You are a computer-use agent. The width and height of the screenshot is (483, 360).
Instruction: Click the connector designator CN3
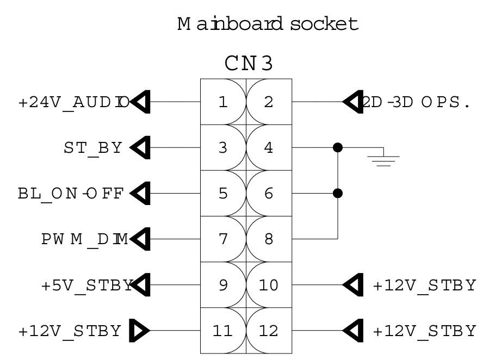pos(249,63)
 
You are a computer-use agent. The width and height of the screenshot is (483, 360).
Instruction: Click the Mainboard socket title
pos(268,24)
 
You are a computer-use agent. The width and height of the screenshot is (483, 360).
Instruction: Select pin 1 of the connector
pos(223,102)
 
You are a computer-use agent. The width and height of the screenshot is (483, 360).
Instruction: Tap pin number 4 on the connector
pos(269,147)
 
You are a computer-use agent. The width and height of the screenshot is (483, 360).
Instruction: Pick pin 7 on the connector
pos(223,239)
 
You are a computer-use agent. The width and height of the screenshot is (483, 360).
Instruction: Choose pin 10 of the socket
pos(269,285)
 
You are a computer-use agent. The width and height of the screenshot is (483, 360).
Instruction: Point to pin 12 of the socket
pos(269,331)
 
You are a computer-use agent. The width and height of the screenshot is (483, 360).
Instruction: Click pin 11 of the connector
pos(222,331)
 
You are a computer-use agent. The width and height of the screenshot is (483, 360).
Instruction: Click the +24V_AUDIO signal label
pos(74,102)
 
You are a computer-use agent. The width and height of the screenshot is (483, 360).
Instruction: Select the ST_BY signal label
pos(93,148)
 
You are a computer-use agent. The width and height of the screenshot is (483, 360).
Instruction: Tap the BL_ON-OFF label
pos(71,194)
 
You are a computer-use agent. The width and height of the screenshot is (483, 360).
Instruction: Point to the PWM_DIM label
pos(85,239)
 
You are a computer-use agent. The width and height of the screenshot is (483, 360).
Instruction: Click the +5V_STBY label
pos(88,285)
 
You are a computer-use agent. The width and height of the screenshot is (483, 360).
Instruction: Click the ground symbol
pos(383,159)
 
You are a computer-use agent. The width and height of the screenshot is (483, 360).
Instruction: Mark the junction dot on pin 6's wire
pos(338,194)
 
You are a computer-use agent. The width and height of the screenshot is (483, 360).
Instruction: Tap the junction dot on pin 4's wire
pos(338,147)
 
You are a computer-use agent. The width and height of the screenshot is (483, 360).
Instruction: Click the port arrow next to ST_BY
pos(140,147)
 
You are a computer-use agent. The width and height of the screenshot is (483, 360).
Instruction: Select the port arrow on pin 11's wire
pos(140,331)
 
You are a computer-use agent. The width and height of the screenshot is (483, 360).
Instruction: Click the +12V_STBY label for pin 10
pos(424,285)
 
